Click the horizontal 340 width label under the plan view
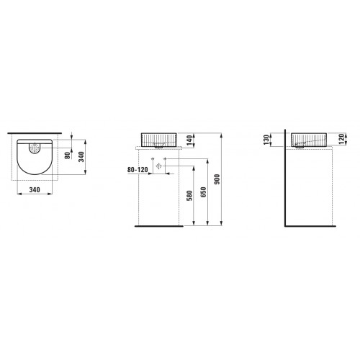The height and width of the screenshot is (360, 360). coord(35,190)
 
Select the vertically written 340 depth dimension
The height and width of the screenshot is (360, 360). coord(82,157)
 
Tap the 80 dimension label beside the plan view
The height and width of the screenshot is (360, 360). coord(68,156)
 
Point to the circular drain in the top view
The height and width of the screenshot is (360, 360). coord(35,147)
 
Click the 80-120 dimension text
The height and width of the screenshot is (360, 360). coord(138,170)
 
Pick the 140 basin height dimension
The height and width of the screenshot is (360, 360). coord(189,140)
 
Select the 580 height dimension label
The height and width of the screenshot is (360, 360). coord(189,196)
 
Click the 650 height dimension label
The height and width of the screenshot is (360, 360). coord(203,192)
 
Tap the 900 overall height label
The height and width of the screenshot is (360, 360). coord(217,179)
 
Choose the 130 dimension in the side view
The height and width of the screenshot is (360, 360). coord(266,140)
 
